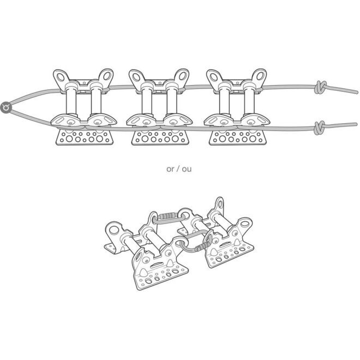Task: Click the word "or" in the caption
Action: [170, 169]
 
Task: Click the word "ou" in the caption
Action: [187, 169]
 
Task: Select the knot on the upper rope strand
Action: [321, 87]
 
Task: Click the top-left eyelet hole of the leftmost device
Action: [61, 77]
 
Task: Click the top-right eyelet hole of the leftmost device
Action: [107, 76]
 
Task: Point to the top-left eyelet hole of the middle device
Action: [136, 77]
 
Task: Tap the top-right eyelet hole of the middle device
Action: [183, 76]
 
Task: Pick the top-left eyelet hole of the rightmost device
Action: [214, 77]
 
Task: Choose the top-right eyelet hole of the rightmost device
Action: [260, 76]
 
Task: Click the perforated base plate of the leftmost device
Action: [85, 137]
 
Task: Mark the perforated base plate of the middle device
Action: [160, 137]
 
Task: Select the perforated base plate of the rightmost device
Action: [238, 137]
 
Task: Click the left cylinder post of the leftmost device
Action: [71, 100]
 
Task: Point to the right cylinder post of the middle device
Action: [172, 100]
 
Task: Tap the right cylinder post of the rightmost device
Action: [249, 100]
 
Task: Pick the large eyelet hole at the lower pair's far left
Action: [114, 230]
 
